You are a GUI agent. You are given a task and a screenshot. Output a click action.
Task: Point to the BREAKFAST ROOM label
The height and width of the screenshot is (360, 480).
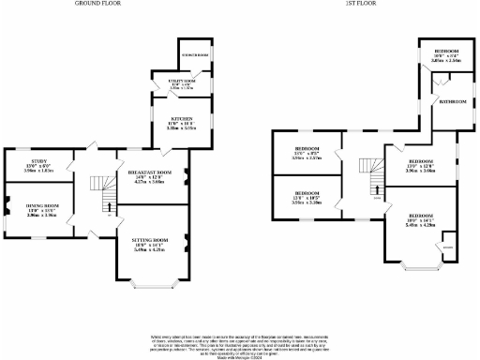(151, 172)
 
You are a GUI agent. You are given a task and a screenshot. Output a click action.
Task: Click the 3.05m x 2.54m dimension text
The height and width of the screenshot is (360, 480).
(445, 59)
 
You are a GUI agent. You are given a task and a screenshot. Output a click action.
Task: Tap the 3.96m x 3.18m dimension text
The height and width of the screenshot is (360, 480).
(307, 202)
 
